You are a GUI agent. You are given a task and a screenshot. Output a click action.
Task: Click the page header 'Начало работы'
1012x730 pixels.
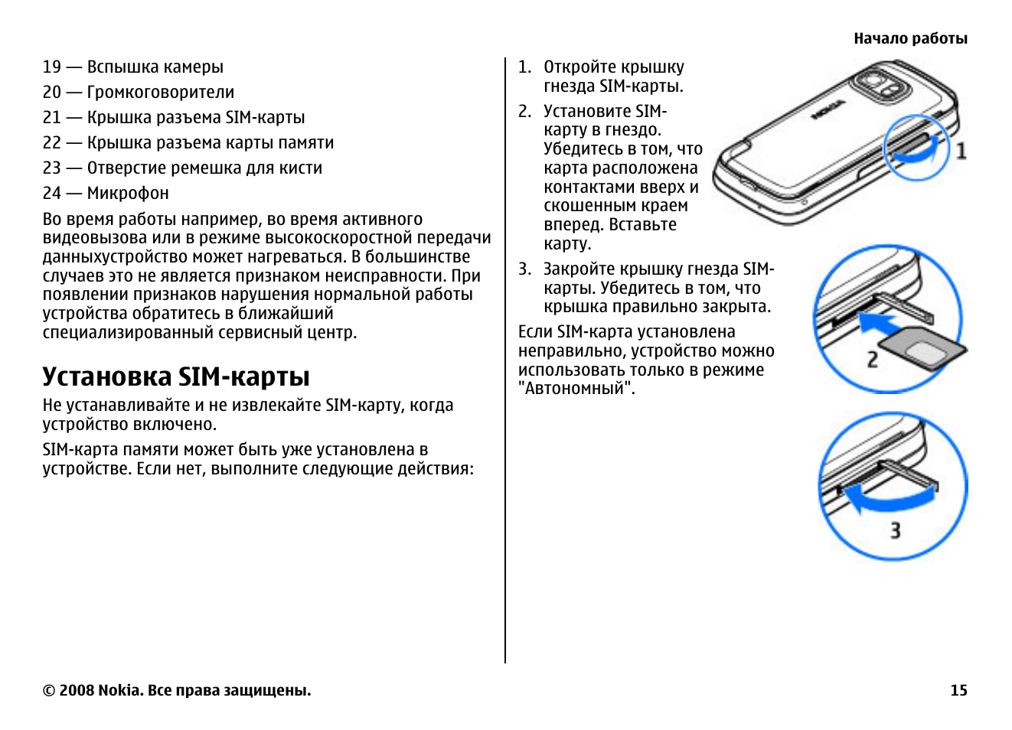[910, 38]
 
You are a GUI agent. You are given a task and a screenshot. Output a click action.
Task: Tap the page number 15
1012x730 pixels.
[958, 690]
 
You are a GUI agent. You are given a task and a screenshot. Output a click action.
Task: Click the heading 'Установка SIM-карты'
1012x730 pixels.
[176, 376]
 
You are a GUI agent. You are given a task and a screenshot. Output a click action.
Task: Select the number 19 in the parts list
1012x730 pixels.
[52, 67]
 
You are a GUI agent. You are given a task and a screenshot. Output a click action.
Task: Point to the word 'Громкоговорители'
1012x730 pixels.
[161, 93]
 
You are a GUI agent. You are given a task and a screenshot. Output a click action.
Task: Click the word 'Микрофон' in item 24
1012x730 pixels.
[128, 194]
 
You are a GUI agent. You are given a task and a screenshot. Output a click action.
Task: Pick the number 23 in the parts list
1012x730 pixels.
[52, 168]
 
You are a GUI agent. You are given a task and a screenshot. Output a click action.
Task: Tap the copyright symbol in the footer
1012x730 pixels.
[49, 690]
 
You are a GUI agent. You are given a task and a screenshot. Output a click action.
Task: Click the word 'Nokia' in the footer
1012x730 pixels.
[119, 690]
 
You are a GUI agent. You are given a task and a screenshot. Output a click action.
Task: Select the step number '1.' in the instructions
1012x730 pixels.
[524, 67]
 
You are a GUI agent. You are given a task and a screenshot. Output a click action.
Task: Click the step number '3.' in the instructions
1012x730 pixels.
[524, 269]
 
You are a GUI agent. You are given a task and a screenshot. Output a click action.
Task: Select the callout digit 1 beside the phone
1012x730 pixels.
[961, 151]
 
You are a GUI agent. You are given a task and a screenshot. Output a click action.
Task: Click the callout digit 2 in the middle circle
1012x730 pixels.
[872, 359]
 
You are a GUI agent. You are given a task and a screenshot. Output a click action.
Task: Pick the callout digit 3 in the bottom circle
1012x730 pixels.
[894, 530]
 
